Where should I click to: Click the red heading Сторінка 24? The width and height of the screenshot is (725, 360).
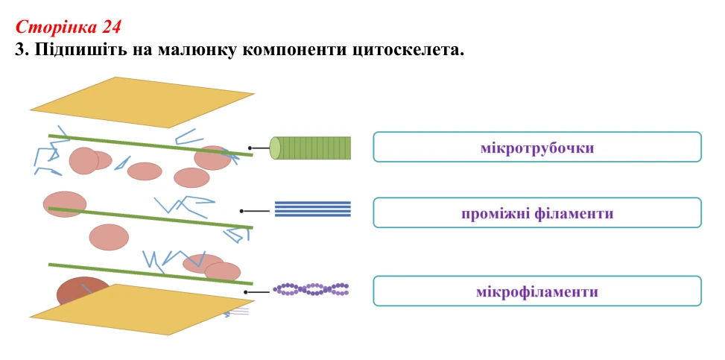pos(68,28)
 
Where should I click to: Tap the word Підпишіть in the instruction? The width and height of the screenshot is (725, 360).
pos(80,49)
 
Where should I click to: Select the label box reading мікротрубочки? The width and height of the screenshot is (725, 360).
pos(537,147)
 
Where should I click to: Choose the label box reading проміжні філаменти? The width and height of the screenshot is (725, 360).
pos(537,212)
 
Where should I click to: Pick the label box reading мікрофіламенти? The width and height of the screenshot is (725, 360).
pos(537,291)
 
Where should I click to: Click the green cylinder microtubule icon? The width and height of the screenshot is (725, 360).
pos(310,148)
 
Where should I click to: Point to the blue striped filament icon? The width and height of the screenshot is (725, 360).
pos(313,209)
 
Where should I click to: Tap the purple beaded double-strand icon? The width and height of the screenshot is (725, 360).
pos(311,290)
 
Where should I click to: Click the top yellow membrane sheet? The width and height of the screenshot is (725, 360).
pos(142,102)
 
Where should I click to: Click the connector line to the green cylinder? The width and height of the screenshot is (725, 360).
pos(259,148)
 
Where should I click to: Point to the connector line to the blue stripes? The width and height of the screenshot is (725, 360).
pos(255,211)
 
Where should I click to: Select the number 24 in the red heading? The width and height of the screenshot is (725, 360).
pos(112,28)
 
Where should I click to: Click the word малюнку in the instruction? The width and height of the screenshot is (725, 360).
pos(198,49)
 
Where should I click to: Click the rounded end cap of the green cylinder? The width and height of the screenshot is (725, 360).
pos(275,148)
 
